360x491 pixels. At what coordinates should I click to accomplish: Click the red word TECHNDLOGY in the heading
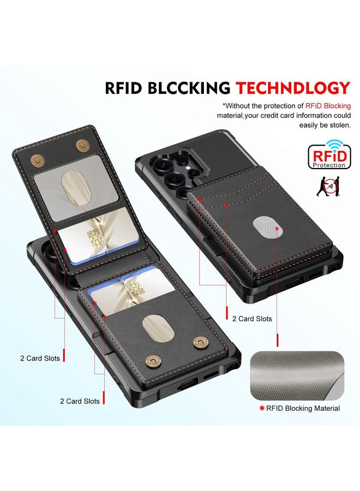point(293,88)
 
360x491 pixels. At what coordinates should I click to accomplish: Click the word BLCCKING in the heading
point(189,88)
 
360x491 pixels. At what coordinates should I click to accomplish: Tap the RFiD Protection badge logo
point(329,155)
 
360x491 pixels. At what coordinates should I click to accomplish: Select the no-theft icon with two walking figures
point(328,187)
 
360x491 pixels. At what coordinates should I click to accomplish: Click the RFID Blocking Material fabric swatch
point(297,375)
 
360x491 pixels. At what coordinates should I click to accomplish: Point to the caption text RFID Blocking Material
point(303,408)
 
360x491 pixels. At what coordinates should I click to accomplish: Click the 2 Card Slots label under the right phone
point(252,319)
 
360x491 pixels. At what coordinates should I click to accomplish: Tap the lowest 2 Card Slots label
point(80,401)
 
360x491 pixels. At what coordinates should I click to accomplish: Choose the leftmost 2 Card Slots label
point(40,358)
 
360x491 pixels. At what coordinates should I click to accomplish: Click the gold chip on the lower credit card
point(135,289)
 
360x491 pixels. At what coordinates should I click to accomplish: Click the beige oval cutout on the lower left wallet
point(158,328)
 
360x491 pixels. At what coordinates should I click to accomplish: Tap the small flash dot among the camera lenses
point(188,167)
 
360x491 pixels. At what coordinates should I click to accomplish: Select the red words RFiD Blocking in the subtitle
point(328,106)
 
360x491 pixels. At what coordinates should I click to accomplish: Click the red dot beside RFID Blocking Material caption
point(262,408)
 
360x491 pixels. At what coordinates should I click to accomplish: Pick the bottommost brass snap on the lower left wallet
point(153,362)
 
